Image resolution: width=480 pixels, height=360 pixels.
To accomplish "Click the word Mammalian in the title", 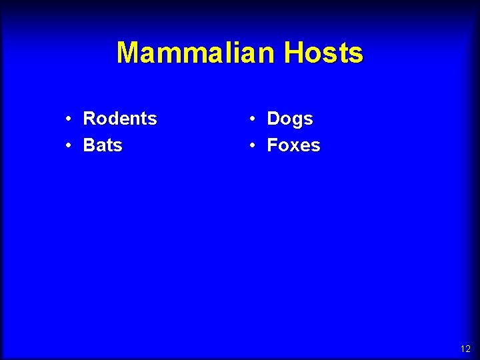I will point(197,53).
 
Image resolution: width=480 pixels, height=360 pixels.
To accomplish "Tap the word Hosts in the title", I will point(323,53).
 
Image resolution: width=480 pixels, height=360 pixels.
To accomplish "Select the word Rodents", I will point(120,119).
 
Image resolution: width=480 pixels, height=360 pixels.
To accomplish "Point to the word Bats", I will point(103,145).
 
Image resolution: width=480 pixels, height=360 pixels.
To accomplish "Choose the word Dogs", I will point(290,119).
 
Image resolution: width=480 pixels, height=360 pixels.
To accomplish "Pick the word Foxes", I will point(293,145).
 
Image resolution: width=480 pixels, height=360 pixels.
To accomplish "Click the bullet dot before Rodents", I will point(69,119).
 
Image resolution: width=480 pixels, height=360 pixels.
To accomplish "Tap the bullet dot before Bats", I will point(69,145).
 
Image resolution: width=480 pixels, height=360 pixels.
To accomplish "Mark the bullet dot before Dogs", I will point(253,119).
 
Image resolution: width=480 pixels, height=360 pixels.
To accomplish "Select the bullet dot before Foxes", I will point(253,145).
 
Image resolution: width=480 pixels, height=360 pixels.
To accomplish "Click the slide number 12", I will point(465,349).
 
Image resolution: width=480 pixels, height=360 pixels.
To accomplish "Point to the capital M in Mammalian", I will point(129,53).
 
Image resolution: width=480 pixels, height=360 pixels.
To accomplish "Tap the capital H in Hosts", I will point(293,53).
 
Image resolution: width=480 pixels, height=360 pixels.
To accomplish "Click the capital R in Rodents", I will point(89,119).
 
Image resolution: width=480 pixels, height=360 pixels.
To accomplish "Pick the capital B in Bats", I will point(89,145).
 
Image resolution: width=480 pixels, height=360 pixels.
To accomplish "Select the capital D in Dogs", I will point(273,119).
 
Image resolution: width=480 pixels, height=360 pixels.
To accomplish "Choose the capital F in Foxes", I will point(272,145).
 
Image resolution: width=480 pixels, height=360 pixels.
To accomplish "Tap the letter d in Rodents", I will point(115,119).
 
